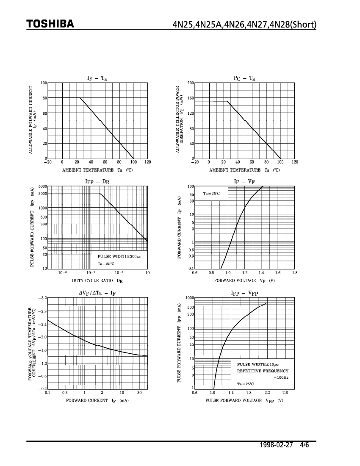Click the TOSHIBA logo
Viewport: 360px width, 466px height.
[50, 24]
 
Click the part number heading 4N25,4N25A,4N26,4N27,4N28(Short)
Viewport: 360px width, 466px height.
[244, 24]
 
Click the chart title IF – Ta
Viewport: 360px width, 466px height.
[97, 78]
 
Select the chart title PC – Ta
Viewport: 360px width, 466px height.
[244, 78]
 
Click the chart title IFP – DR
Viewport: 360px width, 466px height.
[97, 182]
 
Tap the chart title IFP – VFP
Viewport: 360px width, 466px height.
[244, 293]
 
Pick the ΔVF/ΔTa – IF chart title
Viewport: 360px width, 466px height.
[97, 293]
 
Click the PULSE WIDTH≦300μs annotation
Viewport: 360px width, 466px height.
[119, 257]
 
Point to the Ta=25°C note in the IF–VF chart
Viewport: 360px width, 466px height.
[211, 194]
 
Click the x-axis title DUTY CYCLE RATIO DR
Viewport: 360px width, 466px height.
[97, 280]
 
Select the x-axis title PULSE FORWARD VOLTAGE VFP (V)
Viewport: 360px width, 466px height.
[244, 400]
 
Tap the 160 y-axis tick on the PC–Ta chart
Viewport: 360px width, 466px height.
[191, 98]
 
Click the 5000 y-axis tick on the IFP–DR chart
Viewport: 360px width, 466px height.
[42, 186]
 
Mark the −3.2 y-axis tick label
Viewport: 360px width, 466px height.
[42, 298]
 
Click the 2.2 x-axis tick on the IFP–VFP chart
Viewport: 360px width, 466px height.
[267, 393]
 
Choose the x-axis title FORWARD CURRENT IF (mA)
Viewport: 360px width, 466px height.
[97, 400]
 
